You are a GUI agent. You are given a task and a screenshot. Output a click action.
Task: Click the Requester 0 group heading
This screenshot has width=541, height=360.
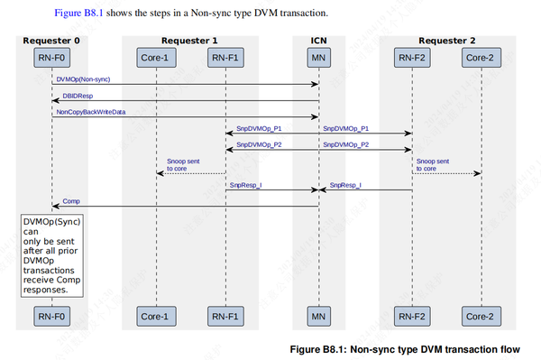[x=51, y=41]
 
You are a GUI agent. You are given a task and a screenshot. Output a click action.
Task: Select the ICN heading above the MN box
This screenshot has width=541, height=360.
[x=318, y=41]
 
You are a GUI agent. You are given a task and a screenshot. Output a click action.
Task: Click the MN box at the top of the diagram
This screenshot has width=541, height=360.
[x=318, y=59]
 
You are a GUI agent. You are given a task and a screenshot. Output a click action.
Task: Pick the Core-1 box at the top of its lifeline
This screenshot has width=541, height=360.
[x=156, y=59]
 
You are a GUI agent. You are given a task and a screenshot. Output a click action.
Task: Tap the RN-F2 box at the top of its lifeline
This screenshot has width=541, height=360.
[x=412, y=59]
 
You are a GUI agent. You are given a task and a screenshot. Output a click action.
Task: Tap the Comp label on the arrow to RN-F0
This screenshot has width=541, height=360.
[x=70, y=200]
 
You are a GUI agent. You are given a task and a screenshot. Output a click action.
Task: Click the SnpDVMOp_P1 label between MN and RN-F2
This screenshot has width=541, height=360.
[x=345, y=128]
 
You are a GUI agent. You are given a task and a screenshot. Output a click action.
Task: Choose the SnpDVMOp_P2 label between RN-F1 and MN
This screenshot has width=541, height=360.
[x=259, y=144]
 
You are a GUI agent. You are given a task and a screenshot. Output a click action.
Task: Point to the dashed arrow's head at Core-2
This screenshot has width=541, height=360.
[x=478, y=173]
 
